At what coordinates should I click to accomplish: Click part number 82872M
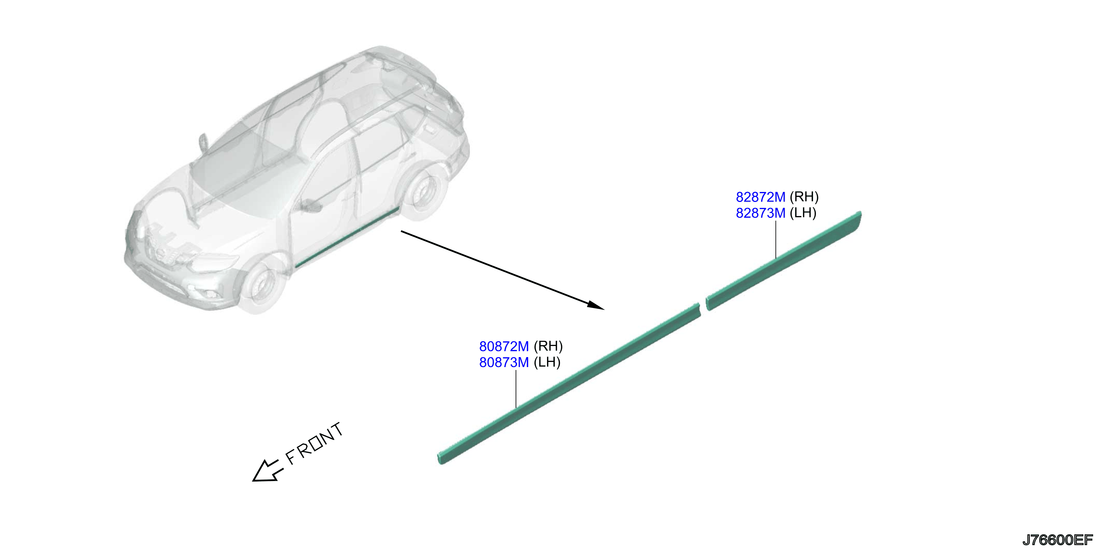760,197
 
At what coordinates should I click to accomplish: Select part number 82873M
760,213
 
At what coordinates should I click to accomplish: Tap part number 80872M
504,346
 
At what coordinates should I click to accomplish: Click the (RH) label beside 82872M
804,197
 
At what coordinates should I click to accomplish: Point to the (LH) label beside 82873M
803,213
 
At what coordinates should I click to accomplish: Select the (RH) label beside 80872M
548,346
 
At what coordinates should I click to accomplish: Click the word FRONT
314,443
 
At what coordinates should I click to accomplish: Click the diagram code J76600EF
1057,540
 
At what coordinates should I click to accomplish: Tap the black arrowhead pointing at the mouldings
596,305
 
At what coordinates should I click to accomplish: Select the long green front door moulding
569,383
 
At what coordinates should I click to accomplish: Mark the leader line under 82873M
776,240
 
